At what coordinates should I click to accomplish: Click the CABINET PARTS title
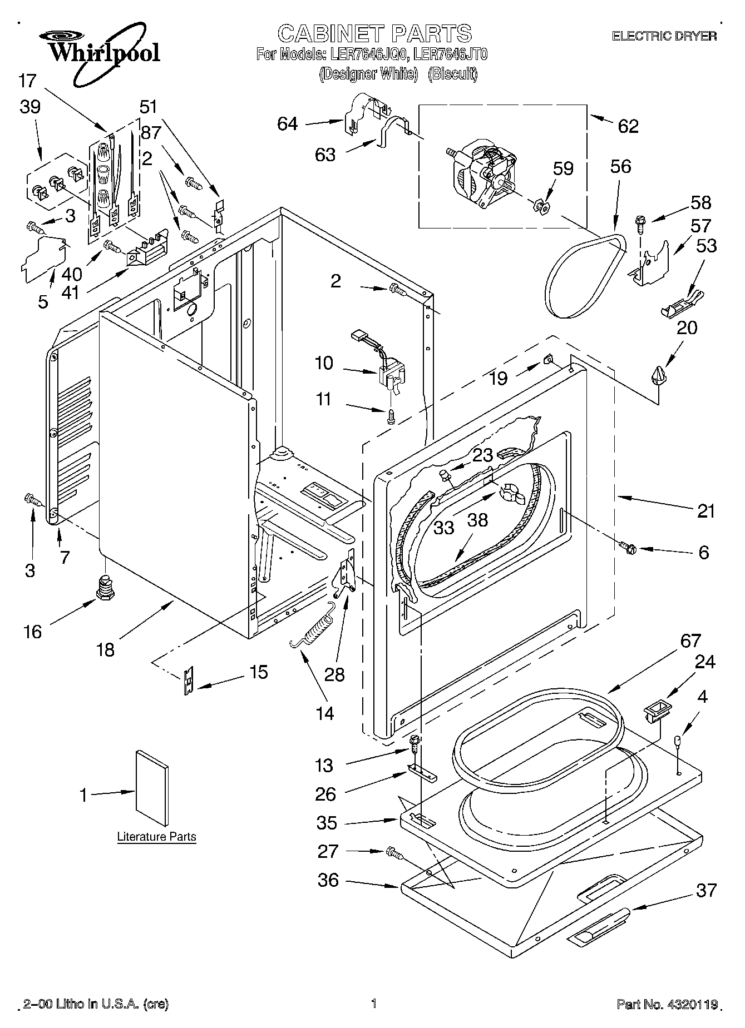(374, 33)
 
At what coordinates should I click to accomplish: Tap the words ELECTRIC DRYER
(664, 36)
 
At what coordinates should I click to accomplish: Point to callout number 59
(563, 168)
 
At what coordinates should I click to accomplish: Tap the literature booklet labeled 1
(152, 788)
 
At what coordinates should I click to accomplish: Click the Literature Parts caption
(156, 836)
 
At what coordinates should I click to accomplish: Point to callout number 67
(690, 641)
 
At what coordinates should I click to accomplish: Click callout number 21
(705, 510)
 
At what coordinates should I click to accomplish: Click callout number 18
(106, 649)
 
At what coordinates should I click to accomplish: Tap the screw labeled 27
(394, 851)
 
